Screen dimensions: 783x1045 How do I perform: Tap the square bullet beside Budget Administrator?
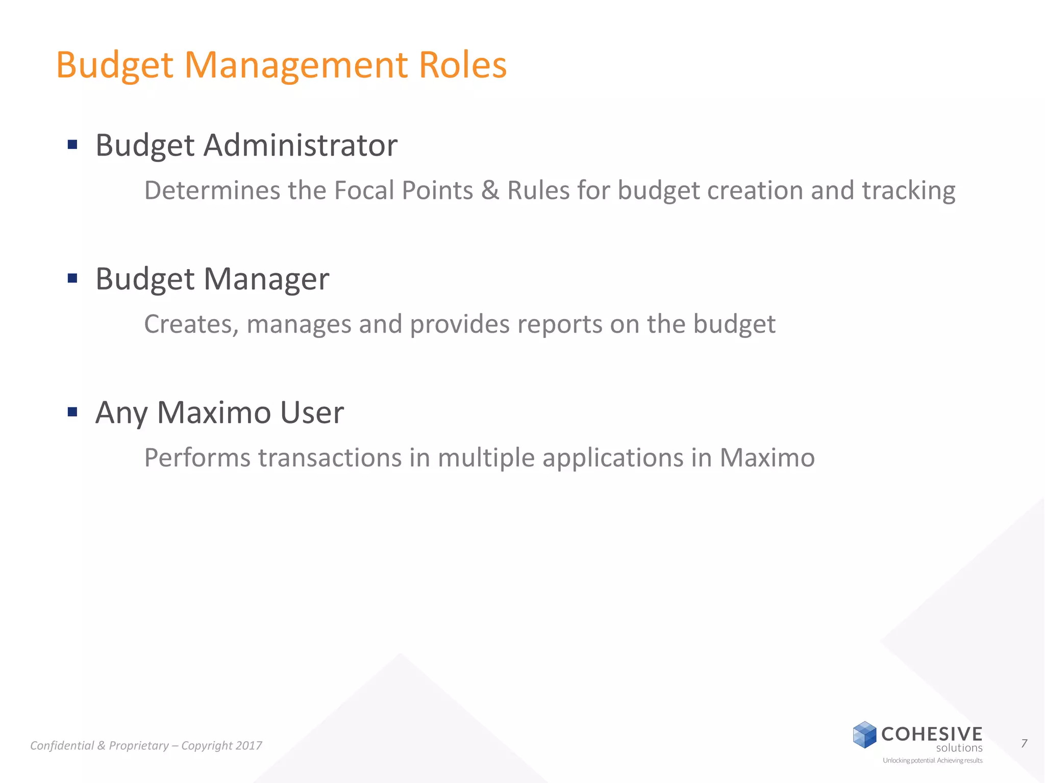coord(72,145)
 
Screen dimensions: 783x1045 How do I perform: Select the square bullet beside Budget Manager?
coord(72,278)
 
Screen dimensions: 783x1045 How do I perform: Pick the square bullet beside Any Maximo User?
coord(72,412)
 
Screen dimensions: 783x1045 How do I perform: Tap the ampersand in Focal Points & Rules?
coord(490,191)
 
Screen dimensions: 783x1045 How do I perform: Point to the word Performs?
coord(197,458)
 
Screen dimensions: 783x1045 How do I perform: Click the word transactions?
coord(330,458)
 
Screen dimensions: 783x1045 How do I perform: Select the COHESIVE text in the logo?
coord(932,734)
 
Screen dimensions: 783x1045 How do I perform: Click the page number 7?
coord(1024,744)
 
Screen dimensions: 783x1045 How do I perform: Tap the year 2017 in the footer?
coord(249,746)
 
